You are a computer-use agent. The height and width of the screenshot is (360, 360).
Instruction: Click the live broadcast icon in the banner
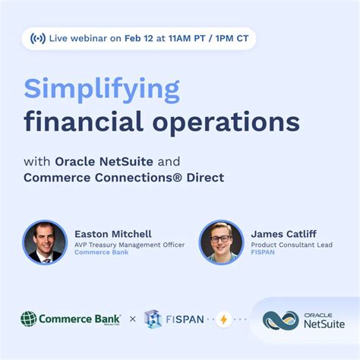tap(38, 38)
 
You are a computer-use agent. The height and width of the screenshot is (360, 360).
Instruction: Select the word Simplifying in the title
tap(102, 90)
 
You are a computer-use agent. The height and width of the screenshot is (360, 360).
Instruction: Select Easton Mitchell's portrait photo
tap(45, 242)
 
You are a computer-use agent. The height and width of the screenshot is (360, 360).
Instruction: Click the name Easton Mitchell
tap(113, 233)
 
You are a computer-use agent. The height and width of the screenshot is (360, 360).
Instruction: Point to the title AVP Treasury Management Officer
tap(129, 244)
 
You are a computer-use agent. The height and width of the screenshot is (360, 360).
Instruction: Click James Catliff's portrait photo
tap(221, 242)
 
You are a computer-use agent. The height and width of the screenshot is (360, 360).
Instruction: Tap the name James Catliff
tap(285, 233)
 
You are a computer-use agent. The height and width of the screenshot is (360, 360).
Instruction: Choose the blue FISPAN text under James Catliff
tap(264, 253)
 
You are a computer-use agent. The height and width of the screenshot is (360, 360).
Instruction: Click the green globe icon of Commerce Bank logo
tap(29, 319)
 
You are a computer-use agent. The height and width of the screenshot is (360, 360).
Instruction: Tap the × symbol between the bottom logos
tap(133, 319)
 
